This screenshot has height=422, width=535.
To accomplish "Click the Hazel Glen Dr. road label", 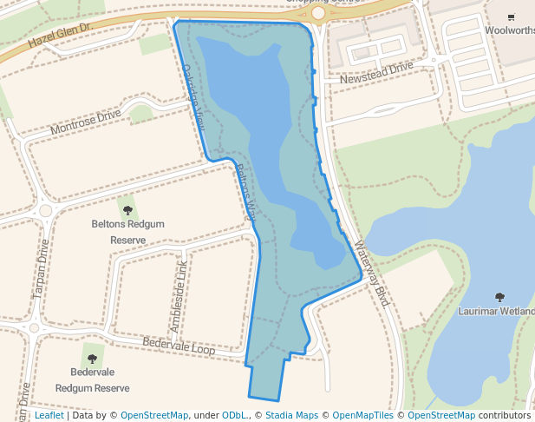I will point(60,35).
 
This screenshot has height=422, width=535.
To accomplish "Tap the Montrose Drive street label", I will point(86,122).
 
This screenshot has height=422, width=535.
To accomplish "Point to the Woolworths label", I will point(510,30).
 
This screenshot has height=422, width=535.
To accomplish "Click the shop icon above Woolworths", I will point(511,16).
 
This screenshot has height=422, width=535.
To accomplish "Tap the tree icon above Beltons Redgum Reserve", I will point(127,210).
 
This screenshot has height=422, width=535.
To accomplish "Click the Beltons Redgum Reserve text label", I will point(127,231).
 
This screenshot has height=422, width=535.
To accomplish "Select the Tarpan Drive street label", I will point(41,269).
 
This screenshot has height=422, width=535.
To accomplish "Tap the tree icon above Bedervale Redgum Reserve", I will point(92,358).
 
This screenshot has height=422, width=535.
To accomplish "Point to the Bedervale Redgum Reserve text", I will point(92,379).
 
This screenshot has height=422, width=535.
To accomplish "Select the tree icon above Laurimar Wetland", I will point(499,298).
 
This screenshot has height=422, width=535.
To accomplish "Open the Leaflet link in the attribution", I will point(49,416).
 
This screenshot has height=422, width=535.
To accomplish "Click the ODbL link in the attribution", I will point(236,416).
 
